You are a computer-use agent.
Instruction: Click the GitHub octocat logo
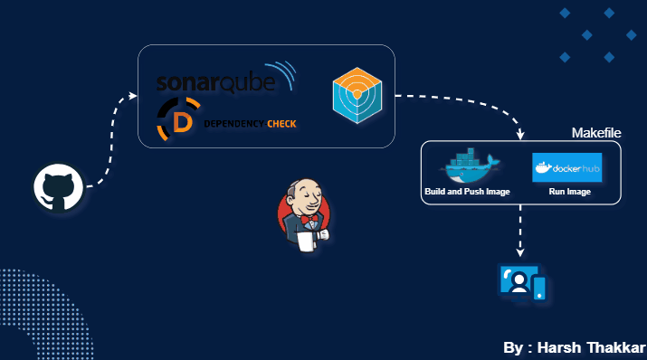[x=59, y=188]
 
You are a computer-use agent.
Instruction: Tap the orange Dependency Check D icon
[x=179, y=122]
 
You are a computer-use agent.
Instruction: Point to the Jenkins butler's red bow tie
[x=310, y=220]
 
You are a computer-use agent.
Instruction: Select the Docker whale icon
[x=468, y=166]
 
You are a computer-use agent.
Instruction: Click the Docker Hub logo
[x=566, y=168]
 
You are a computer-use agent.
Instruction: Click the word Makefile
[x=595, y=133]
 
